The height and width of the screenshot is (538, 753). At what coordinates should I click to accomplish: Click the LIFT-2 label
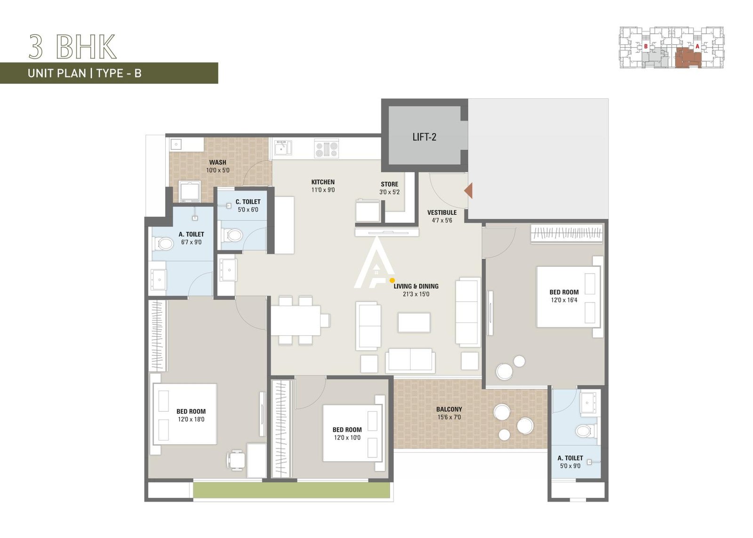pyautogui.click(x=424, y=137)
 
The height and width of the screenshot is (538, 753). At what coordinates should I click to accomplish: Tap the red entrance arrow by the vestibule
pyautogui.click(x=469, y=191)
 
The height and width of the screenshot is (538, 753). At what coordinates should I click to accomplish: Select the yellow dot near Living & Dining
pyautogui.click(x=392, y=280)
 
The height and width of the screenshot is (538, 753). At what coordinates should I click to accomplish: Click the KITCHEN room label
pyautogui.click(x=323, y=182)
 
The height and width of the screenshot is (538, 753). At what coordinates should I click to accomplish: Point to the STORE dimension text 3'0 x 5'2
pyautogui.click(x=389, y=192)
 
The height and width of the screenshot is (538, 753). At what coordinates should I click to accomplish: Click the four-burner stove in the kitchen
pyautogui.click(x=327, y=149)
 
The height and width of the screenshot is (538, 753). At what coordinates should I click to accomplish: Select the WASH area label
pyautogui.click(x=217, y=162)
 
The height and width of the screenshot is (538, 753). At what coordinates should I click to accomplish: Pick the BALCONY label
pyautogui.click(x=449, y=409)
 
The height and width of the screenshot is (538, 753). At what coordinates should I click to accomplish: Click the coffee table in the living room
pyautogui.click(x=414, y=323)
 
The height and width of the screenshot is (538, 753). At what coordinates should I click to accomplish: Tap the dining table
pyautogui.click(x=295, y=320)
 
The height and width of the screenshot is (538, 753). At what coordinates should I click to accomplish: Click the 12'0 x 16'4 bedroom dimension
pyautogui.click(x=564, y=300)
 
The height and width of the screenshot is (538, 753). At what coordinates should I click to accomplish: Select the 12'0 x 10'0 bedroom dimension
pyautogui.click(x=347, y=438)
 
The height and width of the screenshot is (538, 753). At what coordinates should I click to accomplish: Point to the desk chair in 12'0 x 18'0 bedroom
pyautogui.click(x=236, y=459)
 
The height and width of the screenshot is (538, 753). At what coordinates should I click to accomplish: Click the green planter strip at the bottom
pyautogui.click(x=291, y=490)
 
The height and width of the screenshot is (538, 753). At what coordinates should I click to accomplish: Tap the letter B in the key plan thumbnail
pyautogui.click(x=646, y=47)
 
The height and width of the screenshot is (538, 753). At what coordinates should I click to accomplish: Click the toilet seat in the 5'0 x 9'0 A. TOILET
pyautogui.click(x=584, y=431)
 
